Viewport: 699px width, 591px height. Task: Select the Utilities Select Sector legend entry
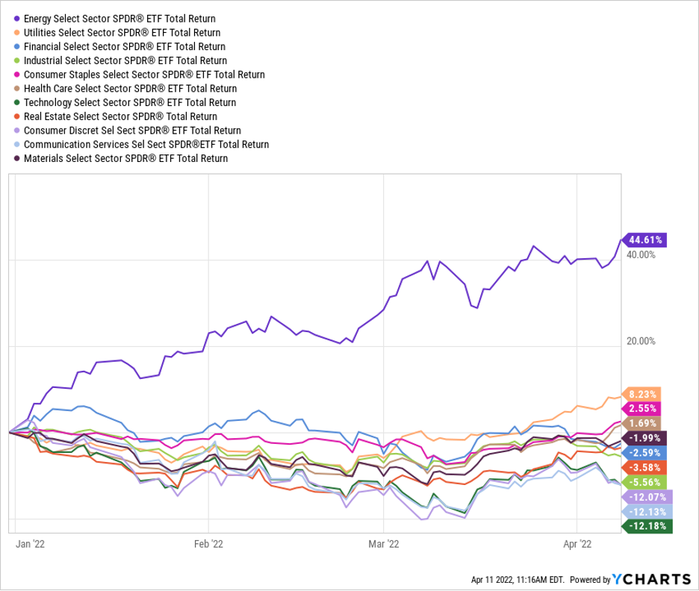(122, 32)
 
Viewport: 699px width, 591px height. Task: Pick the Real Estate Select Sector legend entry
(120, 116)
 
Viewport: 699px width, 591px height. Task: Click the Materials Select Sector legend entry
(125, 159)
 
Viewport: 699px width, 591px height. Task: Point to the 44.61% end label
(646, 240)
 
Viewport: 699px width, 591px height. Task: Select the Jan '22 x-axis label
(31, 545)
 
